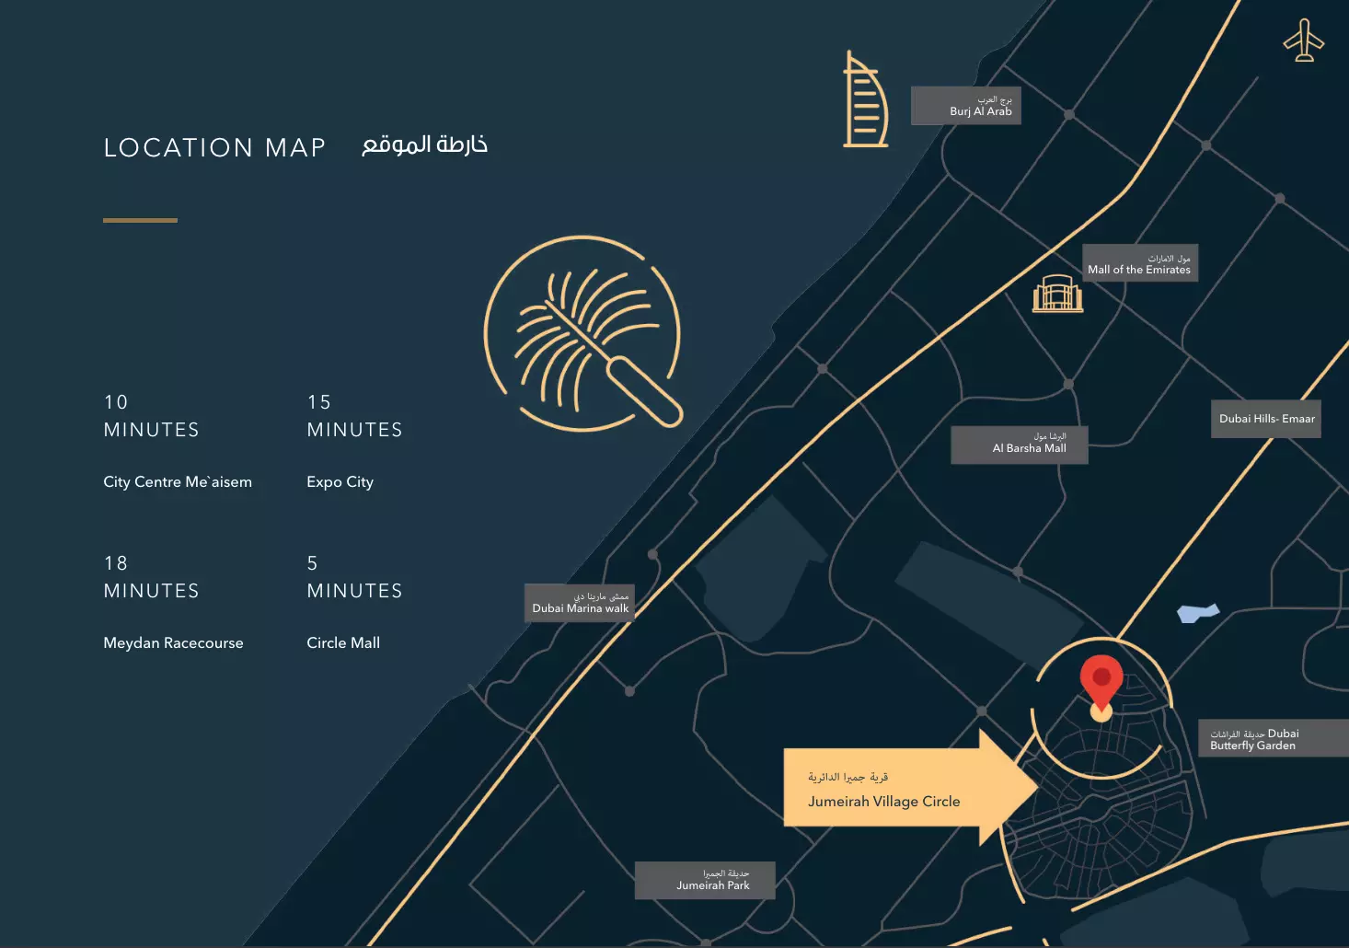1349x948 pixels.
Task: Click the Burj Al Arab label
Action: coord(966,106)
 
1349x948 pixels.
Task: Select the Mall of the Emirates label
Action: coord(1139,263)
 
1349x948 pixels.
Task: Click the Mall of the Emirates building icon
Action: coord(1057,295)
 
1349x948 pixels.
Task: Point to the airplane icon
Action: coord(1303,40)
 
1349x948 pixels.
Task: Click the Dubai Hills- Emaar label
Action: coord(1266,419)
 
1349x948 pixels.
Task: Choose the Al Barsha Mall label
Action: coord(1020,445)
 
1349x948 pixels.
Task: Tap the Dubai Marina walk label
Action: coord(580,603)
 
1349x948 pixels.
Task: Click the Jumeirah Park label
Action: coord(705,880)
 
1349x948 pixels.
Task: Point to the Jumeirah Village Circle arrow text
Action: coord(883,801)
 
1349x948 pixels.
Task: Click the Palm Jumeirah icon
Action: coord(583,333)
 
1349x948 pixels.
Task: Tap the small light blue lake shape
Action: coord(1197,613)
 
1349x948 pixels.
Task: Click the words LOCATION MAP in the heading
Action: coord(214,147)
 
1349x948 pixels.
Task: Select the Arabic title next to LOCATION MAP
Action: coord(424,145)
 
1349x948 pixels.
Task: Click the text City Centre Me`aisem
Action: coord(178,482)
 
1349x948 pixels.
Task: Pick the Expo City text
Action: coord(340,482)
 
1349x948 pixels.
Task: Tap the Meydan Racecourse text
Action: coord(173,643)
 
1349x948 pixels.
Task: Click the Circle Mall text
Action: coord(343,643)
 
